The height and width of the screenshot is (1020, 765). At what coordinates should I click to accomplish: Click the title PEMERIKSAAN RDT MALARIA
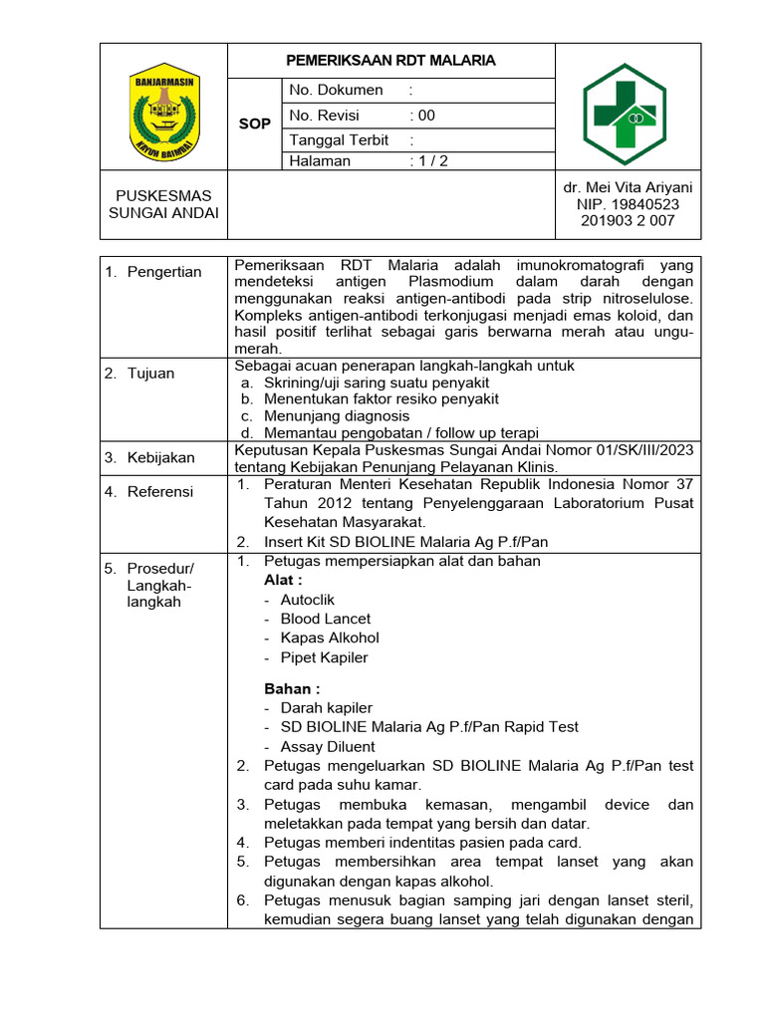[x=390, y=61]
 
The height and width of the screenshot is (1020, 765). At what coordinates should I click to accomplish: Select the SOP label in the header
[x=255, y=124]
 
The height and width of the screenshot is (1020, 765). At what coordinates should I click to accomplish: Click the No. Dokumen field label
[x=336, y=90]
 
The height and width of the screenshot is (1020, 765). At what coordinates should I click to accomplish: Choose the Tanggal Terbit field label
[x=339, y=140]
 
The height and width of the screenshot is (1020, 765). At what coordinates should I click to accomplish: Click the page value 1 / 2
[x=429, y=161]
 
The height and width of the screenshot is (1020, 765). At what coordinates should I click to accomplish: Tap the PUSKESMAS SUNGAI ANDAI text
[x=164, y=203]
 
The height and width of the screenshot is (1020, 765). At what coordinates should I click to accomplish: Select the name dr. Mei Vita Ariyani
[x=628, y=187]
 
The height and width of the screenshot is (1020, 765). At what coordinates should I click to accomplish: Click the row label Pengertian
[x=163, y=272]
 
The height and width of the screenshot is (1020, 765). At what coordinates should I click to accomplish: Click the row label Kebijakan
[x=160, y=458]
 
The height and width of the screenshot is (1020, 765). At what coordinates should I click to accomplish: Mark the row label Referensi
[x=160, y=492]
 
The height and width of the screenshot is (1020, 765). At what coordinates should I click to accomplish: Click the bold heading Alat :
[x=283, y=580]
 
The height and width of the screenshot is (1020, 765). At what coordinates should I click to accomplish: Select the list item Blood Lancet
[x=325, y=619]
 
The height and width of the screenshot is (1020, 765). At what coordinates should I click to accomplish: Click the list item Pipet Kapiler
[x=324, y=657]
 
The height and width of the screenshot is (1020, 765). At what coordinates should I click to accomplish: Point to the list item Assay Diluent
[x=328, y=746]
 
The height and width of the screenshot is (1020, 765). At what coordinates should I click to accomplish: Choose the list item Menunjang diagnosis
[x=337, y=415]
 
